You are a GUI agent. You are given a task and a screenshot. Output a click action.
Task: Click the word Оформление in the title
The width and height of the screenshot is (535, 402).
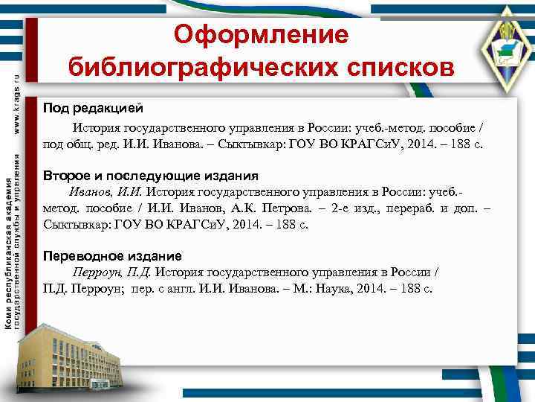pos(260,34)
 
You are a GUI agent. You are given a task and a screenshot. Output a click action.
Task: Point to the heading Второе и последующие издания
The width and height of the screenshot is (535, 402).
pos(151,176)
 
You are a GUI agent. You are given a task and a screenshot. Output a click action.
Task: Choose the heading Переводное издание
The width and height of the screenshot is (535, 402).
pos(112,255)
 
